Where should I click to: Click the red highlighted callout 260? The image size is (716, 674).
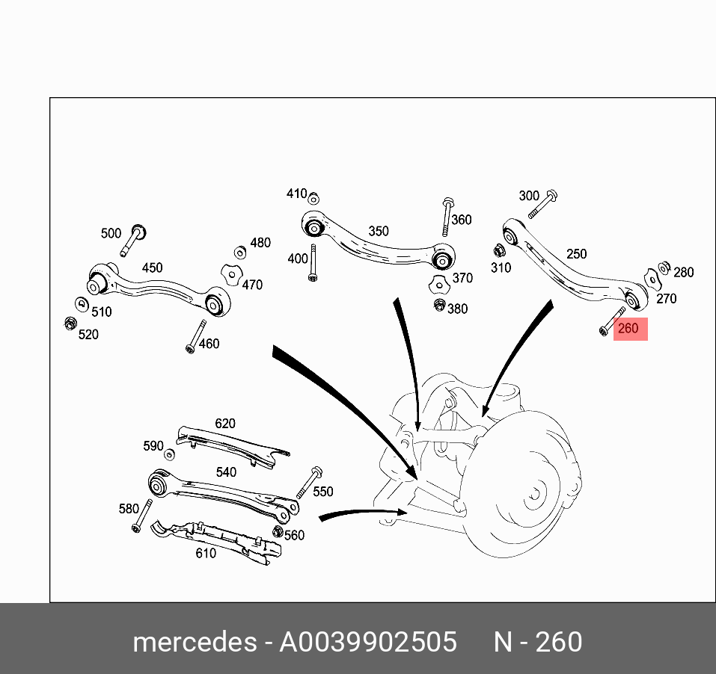coord(630,328)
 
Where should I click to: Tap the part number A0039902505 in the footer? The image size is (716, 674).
coord(367,643)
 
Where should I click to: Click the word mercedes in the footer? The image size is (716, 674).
coord(193,643)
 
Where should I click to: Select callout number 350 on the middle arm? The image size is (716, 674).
coord(379,231)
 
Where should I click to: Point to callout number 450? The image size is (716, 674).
coord(152,268)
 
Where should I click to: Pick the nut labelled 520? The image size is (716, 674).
coord(70,324)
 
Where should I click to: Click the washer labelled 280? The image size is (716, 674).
coord(664,268)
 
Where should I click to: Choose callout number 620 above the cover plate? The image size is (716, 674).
coord(225,424)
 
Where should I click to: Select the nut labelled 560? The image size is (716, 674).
coord(278,533)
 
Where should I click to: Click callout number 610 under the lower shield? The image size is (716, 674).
coord(206,553)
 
